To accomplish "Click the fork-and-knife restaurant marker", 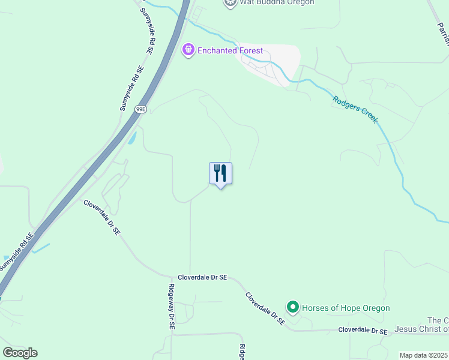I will tap(220, 173).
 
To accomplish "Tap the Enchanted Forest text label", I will tap(231, 50).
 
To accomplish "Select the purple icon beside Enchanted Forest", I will tap(188, 50).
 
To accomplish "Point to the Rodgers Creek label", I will tap(355, 108).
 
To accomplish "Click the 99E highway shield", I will tap(140, 109).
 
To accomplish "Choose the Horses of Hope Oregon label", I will tap(346, 308).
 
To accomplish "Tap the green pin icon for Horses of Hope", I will tap(293, 308).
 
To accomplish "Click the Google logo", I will tap(20, 353).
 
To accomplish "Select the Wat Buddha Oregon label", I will tap(277, 2).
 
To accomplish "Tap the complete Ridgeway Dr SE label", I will tap(171, 306).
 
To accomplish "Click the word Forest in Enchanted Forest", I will tap(249, 50).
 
